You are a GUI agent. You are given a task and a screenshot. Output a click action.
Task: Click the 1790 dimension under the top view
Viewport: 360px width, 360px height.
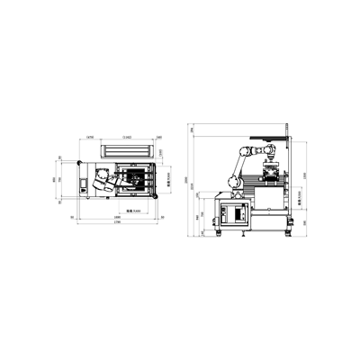pyautogui.click(x=118, y=224)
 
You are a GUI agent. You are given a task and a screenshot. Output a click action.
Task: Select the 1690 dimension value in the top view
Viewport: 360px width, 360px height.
pyautogui.click(x=118, y=217)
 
